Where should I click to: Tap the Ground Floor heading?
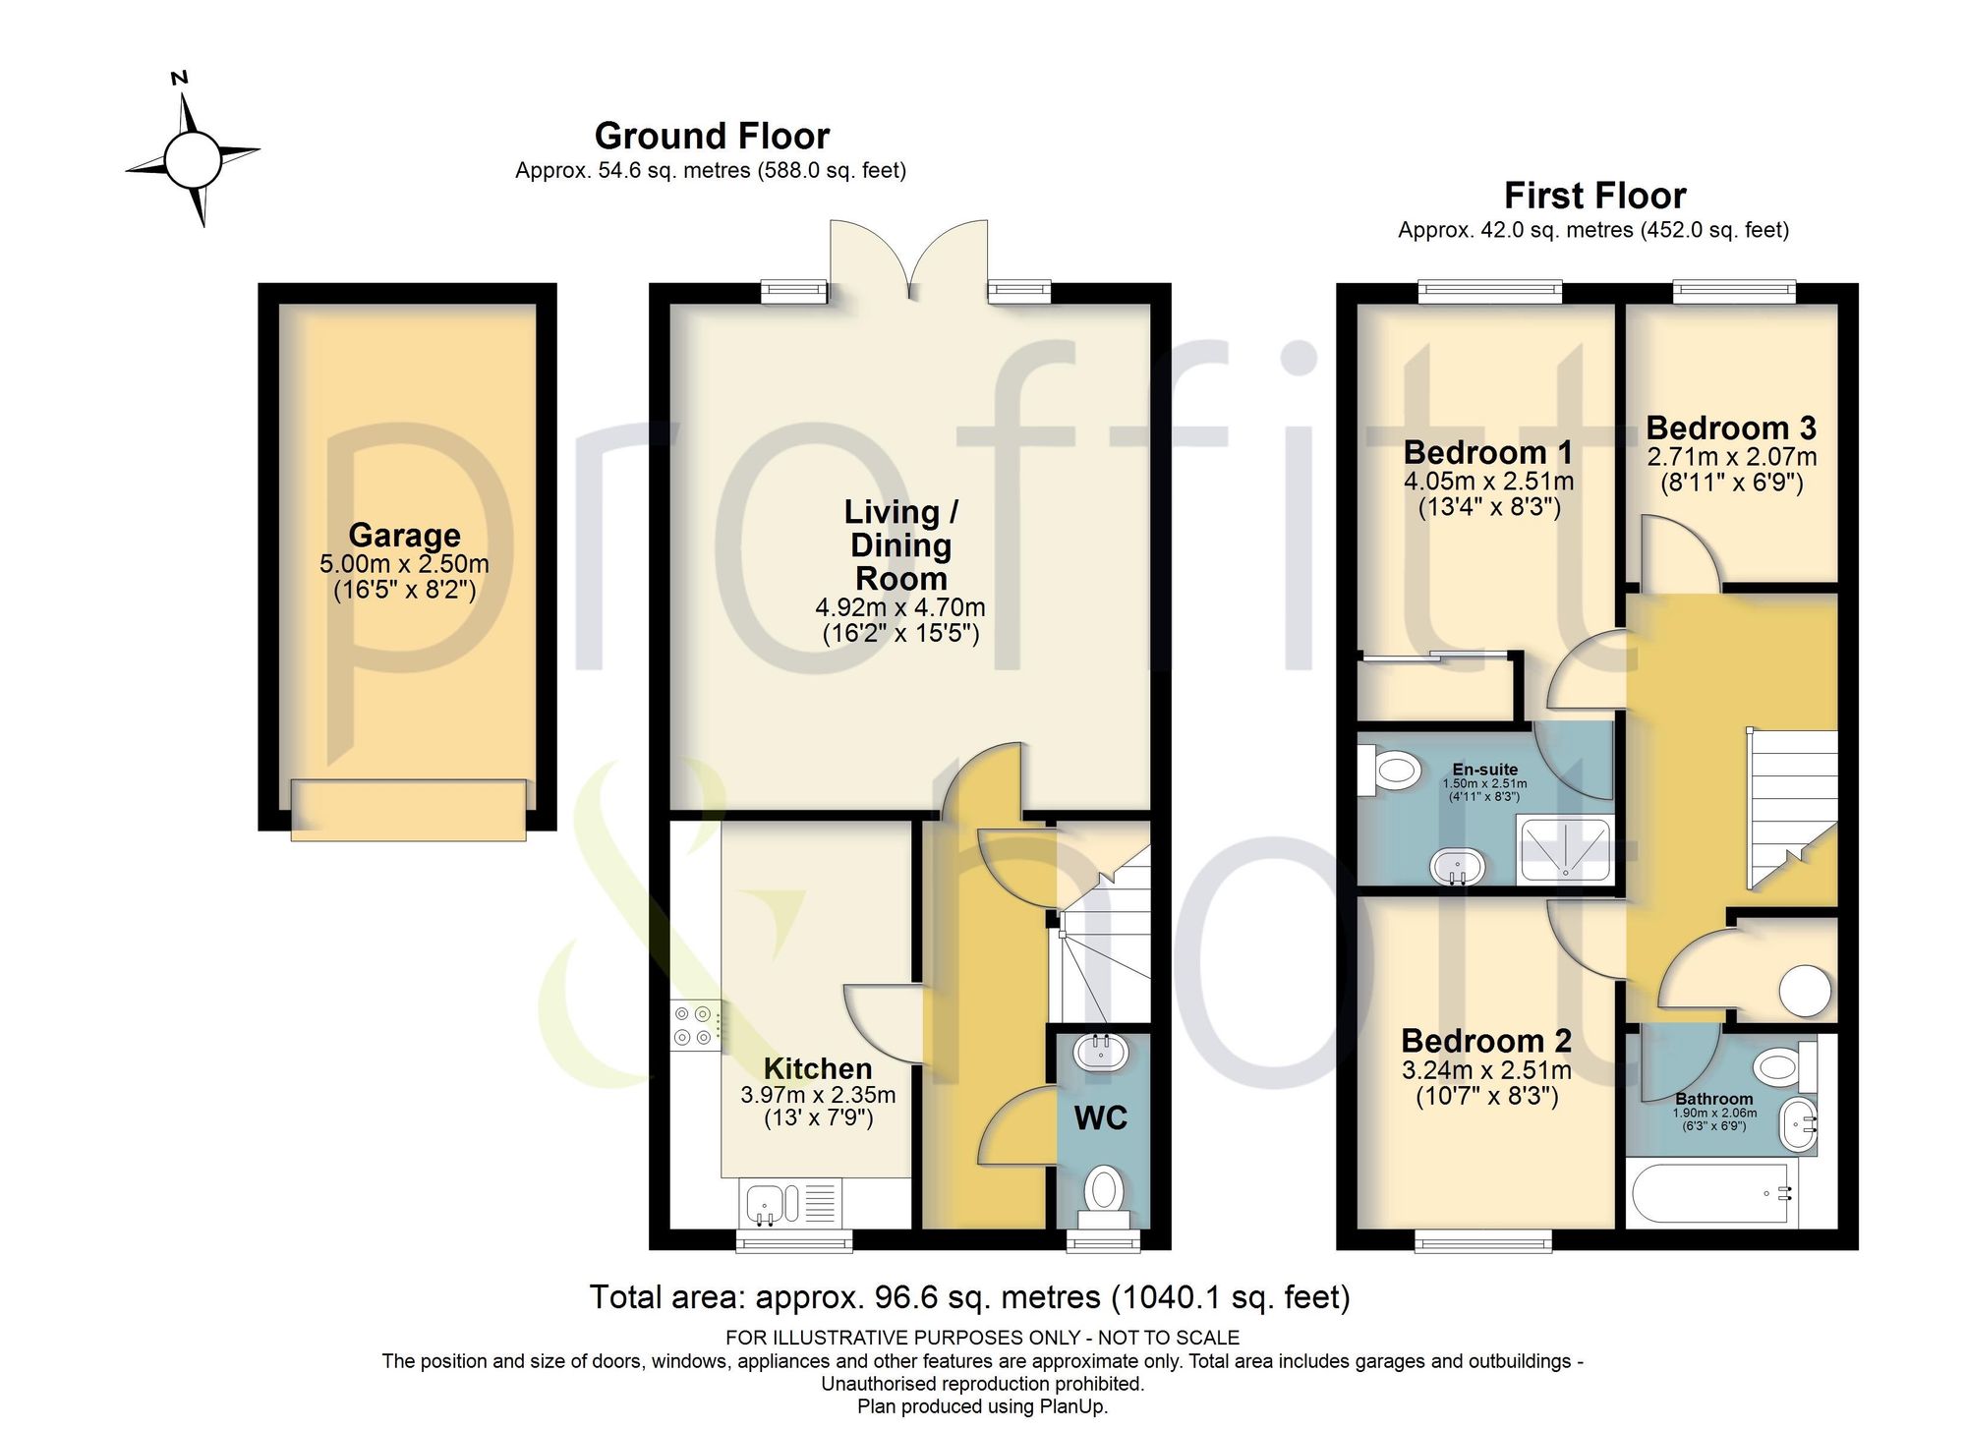click(x=712, y=136)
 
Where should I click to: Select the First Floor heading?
click(x=1594, y=196)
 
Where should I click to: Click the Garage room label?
click(x=404, y=535)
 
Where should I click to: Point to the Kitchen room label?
click(x=818, y=1068)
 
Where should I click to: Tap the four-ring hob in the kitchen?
click(x=695, y=1025)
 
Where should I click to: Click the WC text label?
click(x=1100, y=1118)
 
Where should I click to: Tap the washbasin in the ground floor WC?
click(x=1102, y=1053)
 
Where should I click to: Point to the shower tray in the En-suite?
click(x=1565, y=850)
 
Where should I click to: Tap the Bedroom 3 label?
click(x=1731, y=428)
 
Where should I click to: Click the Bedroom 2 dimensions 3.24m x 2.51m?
click(x=1486, y=1070)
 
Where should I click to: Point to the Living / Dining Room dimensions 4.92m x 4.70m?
click(x=900, y=607)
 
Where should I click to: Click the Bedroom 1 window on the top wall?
click(x=1490, y=291)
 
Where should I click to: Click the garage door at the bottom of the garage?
click(x=408, y=810)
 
